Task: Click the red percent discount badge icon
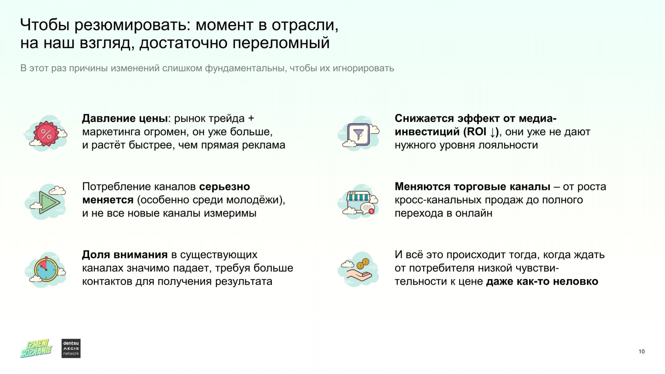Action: [46, 133]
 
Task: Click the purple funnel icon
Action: [359, 134]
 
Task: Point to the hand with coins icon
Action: [359, 270]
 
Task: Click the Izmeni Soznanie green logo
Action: [36, 349]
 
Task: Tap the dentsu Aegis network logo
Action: [71, 349]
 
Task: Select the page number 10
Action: [642, 352]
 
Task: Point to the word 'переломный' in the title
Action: [281, 43]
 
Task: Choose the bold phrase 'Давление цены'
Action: [125, 118]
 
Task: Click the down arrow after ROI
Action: [493, 132]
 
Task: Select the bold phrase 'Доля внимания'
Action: [125, 254]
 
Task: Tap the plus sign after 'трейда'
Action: [251, 118]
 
